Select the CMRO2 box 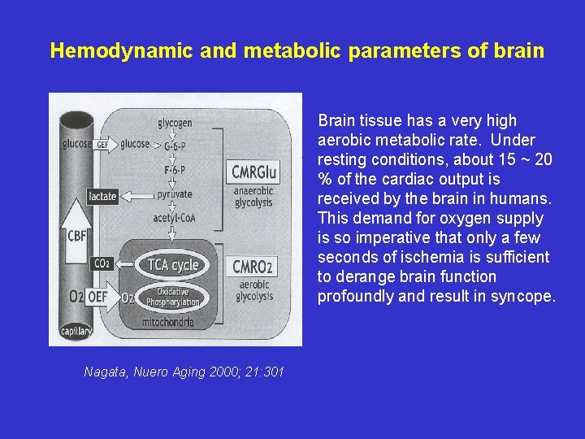(253, 267)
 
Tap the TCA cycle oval (172, 265)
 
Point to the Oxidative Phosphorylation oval (172, 297)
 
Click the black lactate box (103, 196)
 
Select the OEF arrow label (97, 298)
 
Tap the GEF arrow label (102, 145)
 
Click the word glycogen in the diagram (175, 123)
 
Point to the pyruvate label (174, 194)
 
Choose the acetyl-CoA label (173, 218)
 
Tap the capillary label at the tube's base (76, 331)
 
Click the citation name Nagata (106, 372)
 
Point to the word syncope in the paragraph (526, 296)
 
